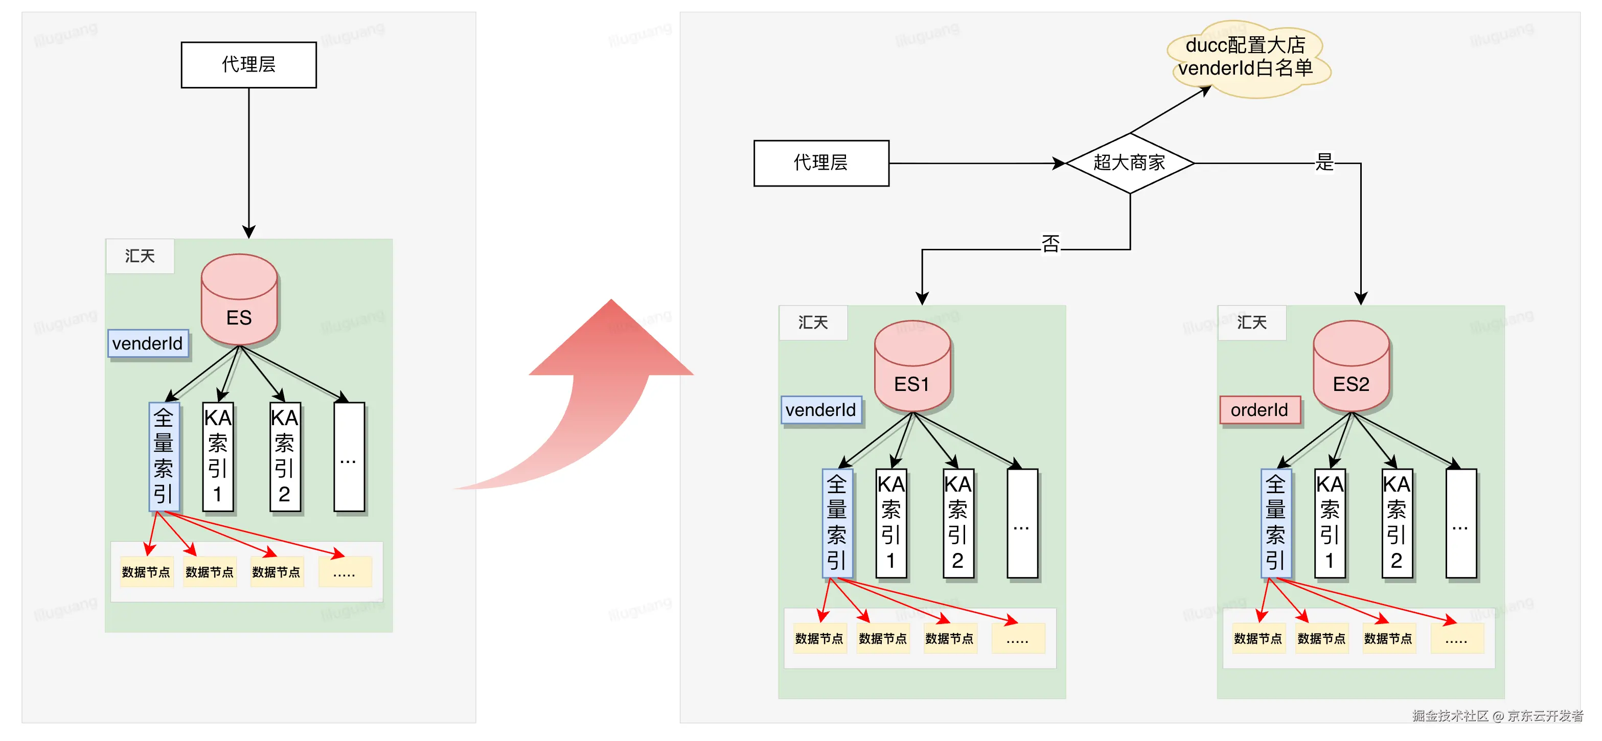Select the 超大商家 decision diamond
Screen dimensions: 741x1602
point(1129,163)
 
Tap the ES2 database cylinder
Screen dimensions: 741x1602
point(1351,367)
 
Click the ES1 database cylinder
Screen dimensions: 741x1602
point(912,367)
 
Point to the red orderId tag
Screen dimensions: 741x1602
point(1260,410)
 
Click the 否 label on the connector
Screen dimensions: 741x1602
point(1050,244)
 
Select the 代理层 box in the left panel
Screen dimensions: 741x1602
point(249,65)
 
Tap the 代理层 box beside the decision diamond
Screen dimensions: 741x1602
point(821,163)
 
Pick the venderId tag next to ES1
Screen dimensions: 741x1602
point(821,410)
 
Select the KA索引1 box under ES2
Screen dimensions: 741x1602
point(1330,523)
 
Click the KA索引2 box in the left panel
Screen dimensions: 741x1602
point(285,457)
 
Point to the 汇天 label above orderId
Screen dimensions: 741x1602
point(1251,322)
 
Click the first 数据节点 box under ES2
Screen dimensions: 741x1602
point(1258,638)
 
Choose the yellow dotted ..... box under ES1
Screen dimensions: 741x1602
point(1017,638)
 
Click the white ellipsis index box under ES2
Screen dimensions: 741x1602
point(1460,523)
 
